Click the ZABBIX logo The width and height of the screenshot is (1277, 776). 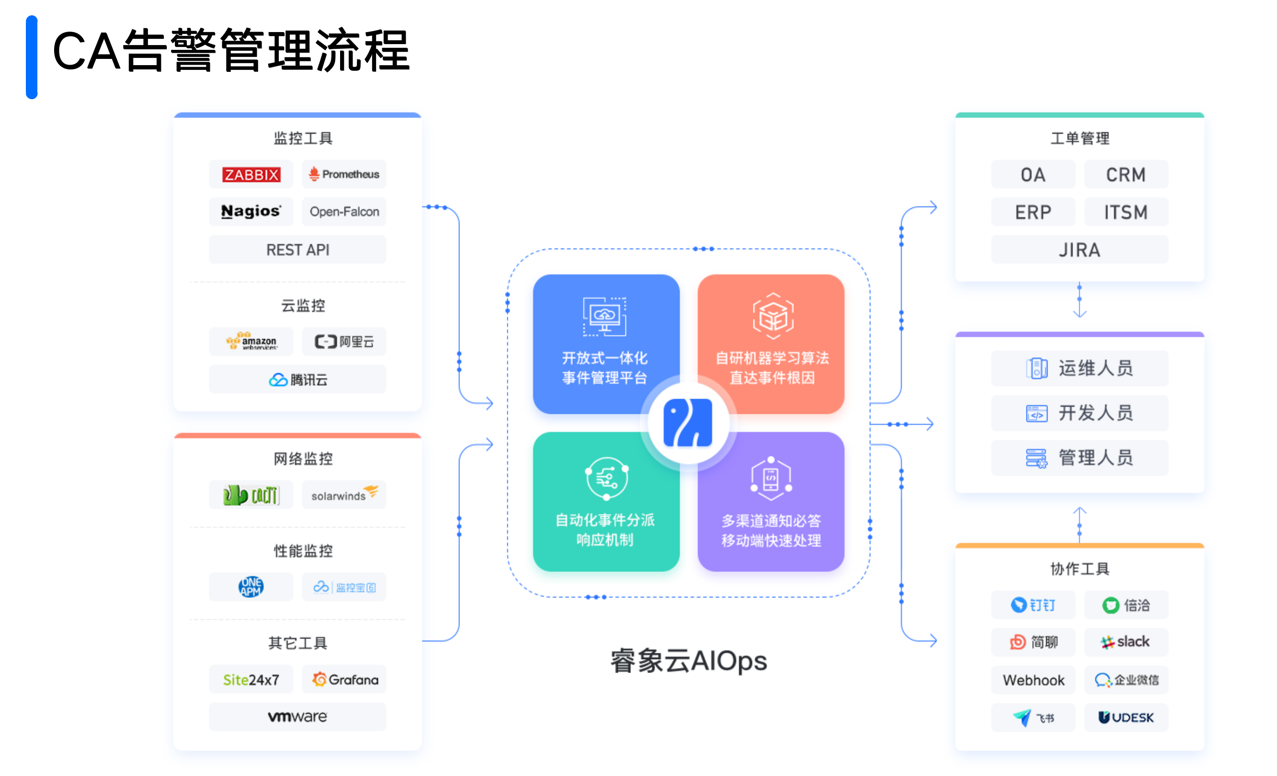point(251,175)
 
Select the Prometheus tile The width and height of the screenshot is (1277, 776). point(344,175)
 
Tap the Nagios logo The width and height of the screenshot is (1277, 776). point(251,212)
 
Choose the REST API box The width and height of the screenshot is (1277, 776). point(297,250)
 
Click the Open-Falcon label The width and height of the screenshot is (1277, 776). point(344,212)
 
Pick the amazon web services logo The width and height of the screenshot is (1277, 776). point(251,342)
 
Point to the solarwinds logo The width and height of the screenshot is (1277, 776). point(344,495)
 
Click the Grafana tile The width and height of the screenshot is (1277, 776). point(344,680)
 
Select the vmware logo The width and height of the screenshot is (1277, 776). point(297,717)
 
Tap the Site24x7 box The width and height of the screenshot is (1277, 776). point(251,680)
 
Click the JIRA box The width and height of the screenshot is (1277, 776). point(1080,250)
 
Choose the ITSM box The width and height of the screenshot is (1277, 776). point(1126,212)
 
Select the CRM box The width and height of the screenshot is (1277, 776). point(1126,175)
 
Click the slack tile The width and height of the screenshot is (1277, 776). point(1126,642)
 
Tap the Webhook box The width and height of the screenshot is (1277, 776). point(1033,680)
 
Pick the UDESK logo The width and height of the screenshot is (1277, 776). point(1126,718)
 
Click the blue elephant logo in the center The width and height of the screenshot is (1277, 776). point(688,423)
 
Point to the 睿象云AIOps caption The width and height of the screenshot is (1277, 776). point(688,662)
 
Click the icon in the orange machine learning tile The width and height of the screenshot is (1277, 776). point(773,316)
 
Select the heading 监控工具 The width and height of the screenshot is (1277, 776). point(303,138)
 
